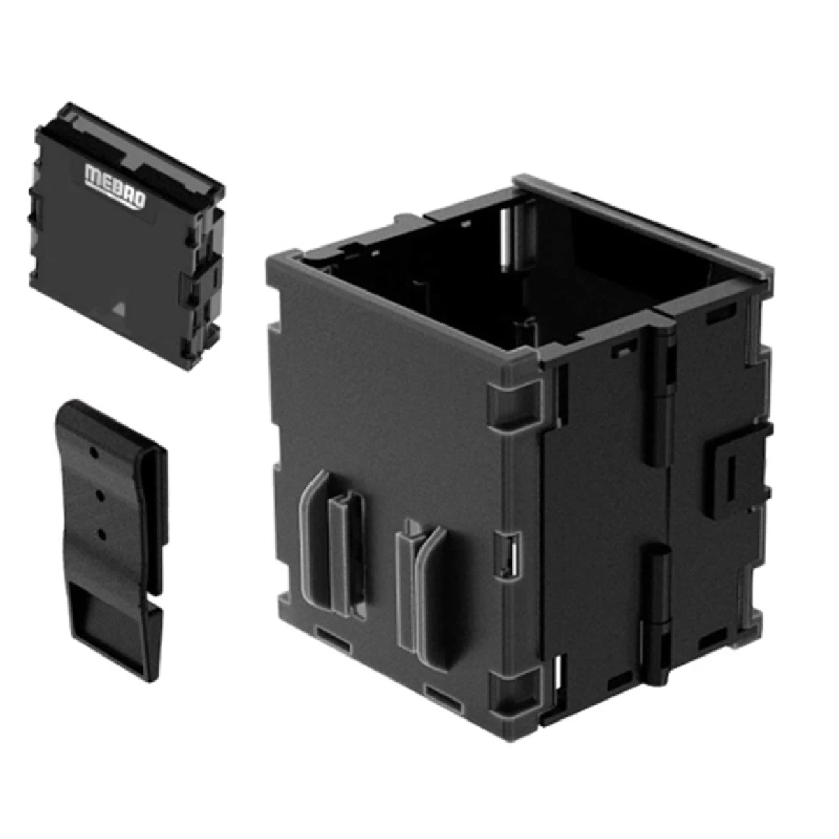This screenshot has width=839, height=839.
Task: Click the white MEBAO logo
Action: click(115, 186)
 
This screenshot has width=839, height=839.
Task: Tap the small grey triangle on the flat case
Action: click(117, 309)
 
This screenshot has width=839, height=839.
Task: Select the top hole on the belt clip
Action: click(93, 453)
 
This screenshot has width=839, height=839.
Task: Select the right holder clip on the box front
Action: click(422, 593)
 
